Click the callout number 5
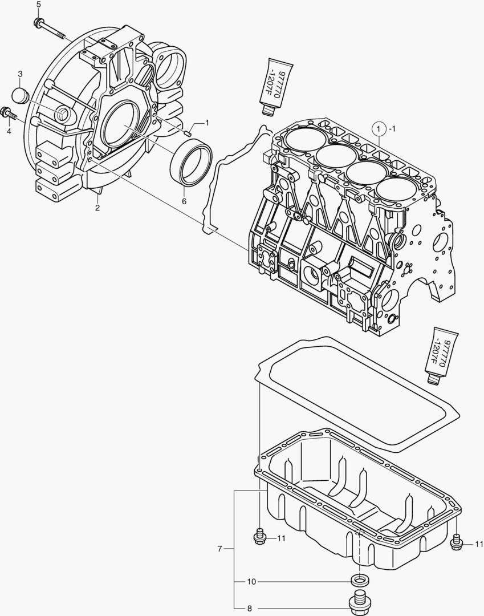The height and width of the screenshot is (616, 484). tap(38, 5)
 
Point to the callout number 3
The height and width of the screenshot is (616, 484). tap(20, 74)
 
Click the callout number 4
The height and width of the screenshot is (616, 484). tap(9, 131)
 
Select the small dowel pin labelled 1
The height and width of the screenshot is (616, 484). tap(187, 133)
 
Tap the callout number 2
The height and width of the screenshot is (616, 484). tap(97, 208)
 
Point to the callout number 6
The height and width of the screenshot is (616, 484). tap(184, 201)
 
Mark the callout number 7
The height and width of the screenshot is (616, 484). tap(219, 549)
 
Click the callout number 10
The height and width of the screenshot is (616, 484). tap(251, 582)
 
